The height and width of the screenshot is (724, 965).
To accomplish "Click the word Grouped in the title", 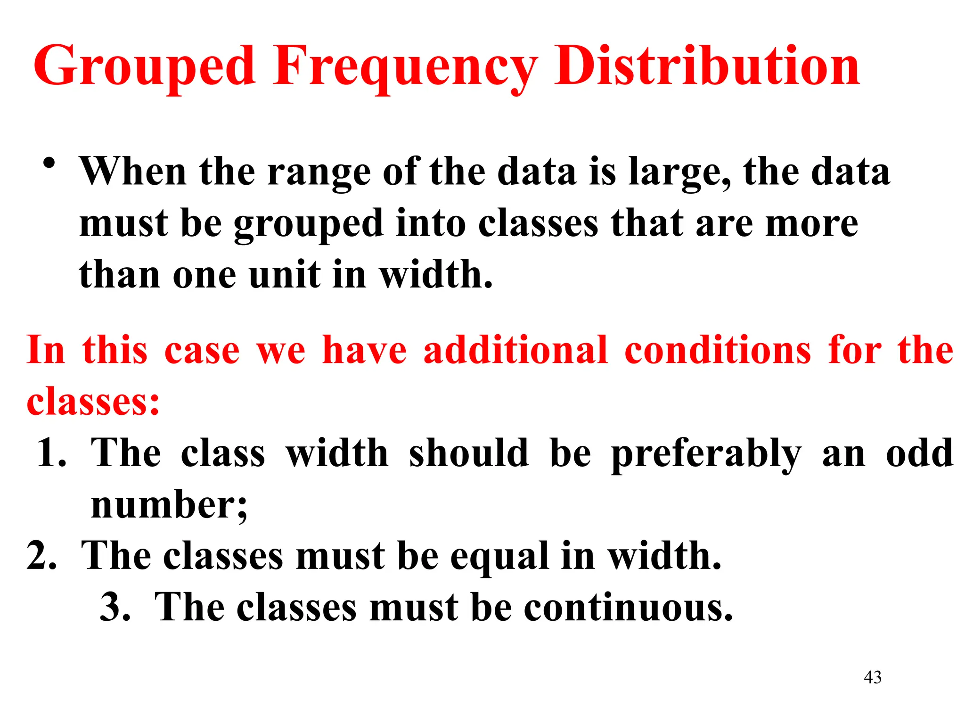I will coord(144,67).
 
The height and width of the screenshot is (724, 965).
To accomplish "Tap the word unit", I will coord(284,275).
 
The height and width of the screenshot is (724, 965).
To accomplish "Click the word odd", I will coord(919,453).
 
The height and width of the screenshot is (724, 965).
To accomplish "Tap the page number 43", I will coord(872,677).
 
